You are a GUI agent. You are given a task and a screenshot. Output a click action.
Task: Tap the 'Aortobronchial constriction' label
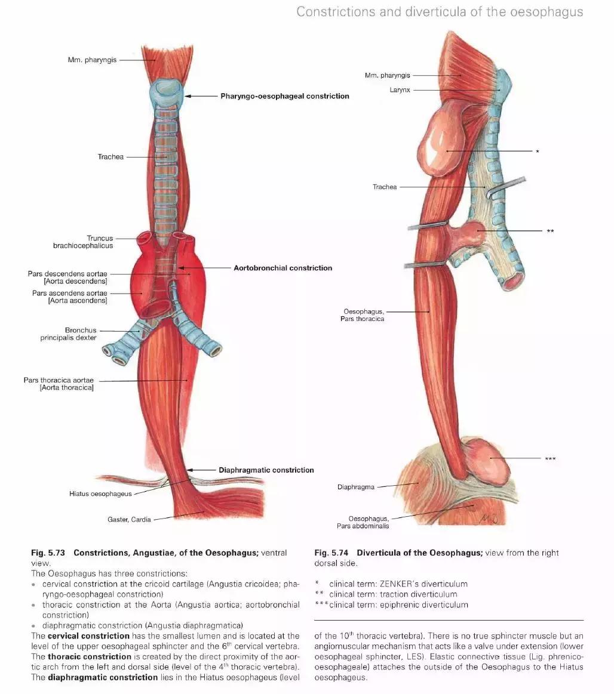[x=283, y=268]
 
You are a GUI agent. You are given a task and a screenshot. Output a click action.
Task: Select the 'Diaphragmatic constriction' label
[x=266, y=470]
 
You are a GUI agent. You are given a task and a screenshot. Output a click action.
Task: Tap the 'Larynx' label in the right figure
[x=400, y=90]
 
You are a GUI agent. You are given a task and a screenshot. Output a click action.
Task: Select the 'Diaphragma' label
[x=355, y=487]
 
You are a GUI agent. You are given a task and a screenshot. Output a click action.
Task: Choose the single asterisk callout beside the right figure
[x=537, y=152]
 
